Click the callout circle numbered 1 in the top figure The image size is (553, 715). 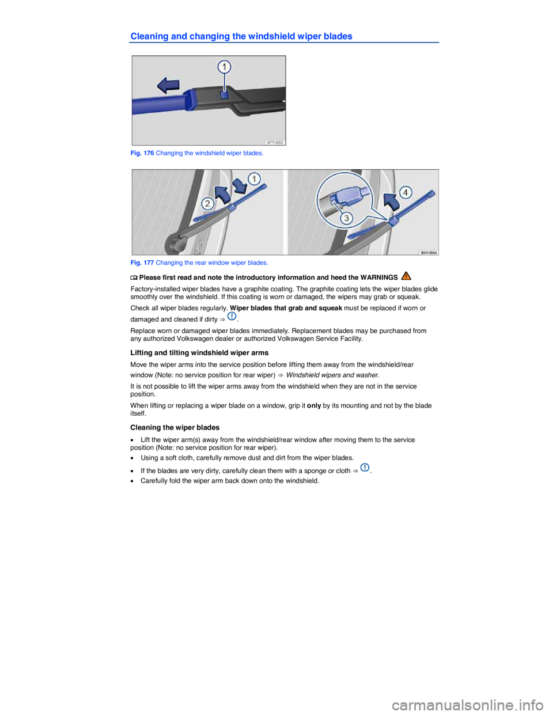pos(224,67)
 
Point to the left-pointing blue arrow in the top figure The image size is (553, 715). pos(168,86)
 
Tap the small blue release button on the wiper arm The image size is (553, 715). pos(225,94)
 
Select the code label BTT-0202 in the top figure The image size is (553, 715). pos(274,142)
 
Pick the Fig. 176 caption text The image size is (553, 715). pos(198,154)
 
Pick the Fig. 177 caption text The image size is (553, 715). pos(199,263)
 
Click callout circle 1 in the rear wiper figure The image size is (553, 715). pos(254,178)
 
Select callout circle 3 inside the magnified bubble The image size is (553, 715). pos(346,218)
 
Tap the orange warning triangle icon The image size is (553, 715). pos(406,277)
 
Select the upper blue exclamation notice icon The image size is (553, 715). pos(232,316)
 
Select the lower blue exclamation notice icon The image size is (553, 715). pos(365,467)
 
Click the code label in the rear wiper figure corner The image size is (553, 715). pos(428,252)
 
